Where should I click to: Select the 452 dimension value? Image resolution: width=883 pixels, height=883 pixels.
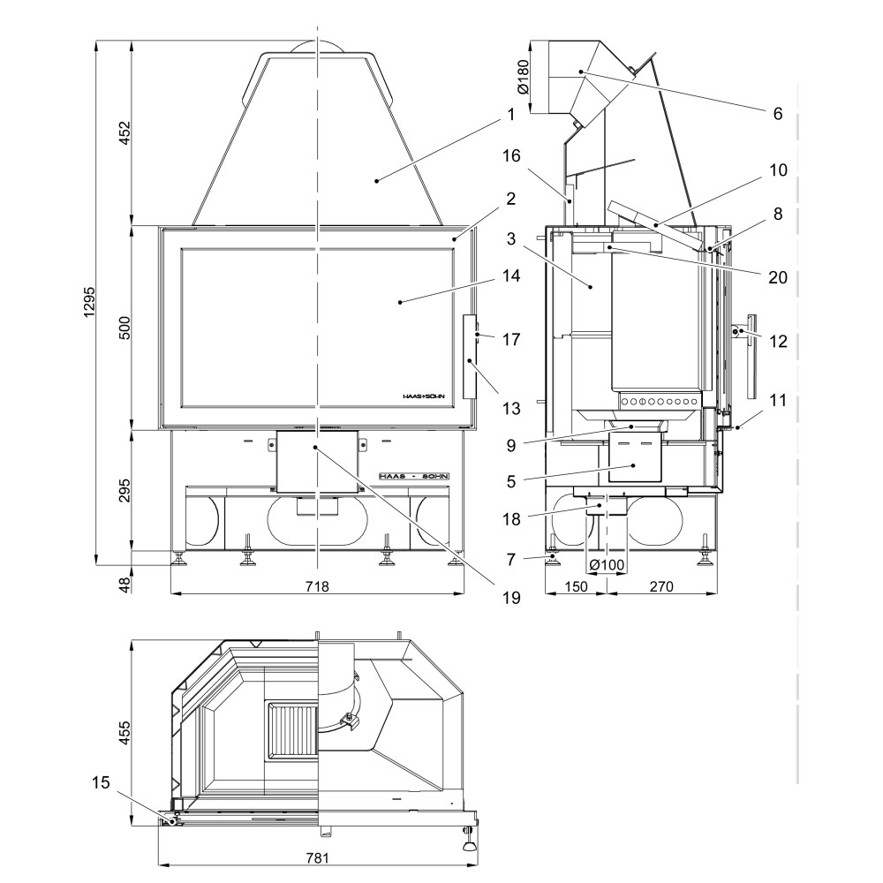(x=125, y=132)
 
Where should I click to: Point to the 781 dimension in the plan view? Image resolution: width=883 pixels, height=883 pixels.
(x=316, y=857)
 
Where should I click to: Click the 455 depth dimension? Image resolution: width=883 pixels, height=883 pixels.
(x=125, y=732)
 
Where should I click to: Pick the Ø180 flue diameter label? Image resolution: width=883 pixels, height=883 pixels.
(x=522, y=77)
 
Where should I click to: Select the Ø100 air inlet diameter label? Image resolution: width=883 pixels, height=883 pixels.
(x=607, y=565)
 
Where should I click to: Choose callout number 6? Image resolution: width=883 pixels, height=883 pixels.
(x=777, y=113)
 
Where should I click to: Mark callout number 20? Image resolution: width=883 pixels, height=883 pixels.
(x=777, y=276)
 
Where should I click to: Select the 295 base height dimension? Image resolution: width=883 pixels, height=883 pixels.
(x=125, y=490)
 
